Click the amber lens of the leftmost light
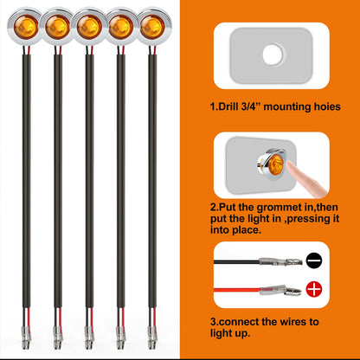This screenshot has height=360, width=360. coord(26,27)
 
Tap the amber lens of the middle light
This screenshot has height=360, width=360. coord(89,28)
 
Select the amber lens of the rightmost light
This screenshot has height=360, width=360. coord(152,27)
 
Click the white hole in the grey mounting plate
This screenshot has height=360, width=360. coord(273,55)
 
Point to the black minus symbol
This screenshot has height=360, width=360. coord(314,260)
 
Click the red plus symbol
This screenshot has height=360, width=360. coord(314,289)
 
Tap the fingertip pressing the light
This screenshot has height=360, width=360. coord(292,166)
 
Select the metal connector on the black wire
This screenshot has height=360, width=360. coord(280,261)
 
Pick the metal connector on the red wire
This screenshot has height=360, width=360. coord(280,290)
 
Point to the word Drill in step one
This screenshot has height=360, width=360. coord(228,106)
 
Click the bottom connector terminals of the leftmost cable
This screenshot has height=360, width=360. coord(26,337)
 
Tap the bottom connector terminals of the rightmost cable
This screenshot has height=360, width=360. coord(152,337)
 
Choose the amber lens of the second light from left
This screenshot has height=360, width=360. coord(57,28)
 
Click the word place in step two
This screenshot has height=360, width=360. coord(246,230)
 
